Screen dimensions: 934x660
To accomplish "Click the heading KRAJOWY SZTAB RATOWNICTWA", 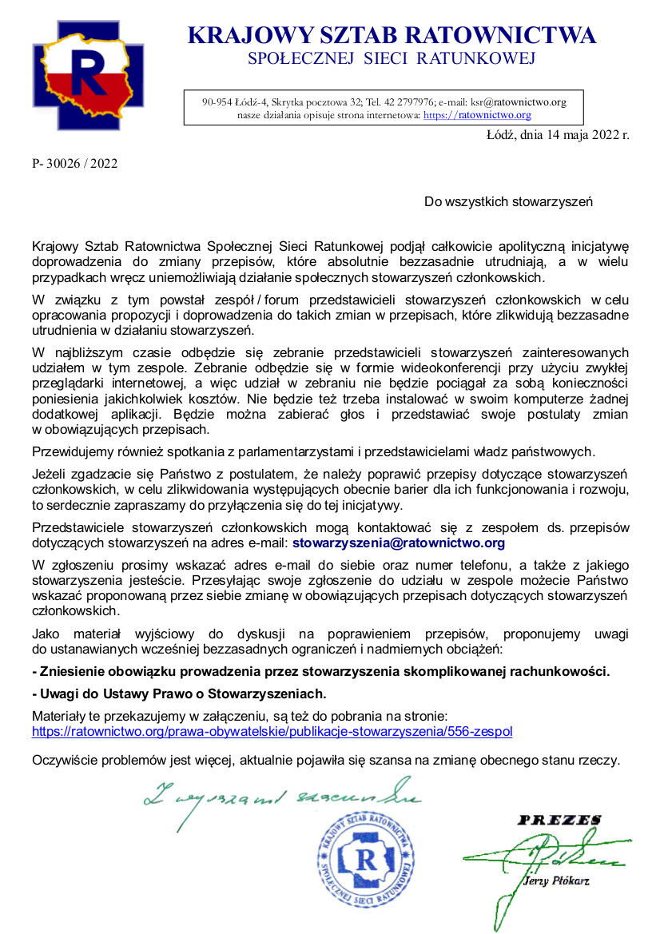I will click(x=392, y=36).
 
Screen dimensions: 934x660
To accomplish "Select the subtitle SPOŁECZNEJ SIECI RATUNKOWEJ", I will click(x=392, y=58).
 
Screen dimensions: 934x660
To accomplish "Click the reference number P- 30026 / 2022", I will click(x=75, y=164).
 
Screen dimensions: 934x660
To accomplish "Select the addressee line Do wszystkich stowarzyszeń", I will click(x=508, y=202).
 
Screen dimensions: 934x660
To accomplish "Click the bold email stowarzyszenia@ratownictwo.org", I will click(x=399, y=543).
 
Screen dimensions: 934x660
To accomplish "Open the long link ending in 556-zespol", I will click(x=272, y=731).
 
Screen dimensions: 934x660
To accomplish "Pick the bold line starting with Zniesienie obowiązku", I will click(x=320, y=671).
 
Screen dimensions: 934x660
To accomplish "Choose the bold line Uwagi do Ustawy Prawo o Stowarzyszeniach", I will click(x=179, y=693).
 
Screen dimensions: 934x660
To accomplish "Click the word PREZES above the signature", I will click(x=559, y=821).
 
